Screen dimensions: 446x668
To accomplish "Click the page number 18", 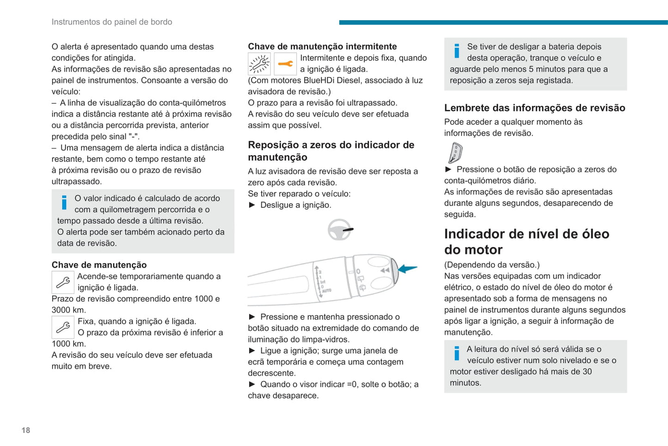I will [x=26, y=430].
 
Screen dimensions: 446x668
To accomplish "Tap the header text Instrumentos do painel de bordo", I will [x=112, y=22].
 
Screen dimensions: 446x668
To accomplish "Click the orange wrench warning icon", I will [x=285, y=64].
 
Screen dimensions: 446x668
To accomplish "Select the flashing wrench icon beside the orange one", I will [x=259, y=64].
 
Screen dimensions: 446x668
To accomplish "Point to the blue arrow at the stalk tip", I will [x=407, y=269].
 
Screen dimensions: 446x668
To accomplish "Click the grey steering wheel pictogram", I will [x=340, y=229].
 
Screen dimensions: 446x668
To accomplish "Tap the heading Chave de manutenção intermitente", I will [x=322, y=46].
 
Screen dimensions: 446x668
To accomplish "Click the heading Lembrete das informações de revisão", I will [x=534, y=108].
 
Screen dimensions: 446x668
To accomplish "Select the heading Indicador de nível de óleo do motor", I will [x=527, y=242].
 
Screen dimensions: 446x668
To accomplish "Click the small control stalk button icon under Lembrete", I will [x=455, y=153].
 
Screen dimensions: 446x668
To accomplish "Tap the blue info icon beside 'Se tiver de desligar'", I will [x=457, y=50].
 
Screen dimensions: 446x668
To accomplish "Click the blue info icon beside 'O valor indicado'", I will [x=64, y=202].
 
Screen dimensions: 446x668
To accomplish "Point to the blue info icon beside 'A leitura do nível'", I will [x=457, y=353].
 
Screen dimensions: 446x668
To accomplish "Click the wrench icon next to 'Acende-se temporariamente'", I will [x=63, y=282].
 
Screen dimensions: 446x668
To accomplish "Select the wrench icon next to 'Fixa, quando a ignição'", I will [x=63, y=327].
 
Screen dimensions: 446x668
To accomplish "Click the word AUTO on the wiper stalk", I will [x=326, y=291].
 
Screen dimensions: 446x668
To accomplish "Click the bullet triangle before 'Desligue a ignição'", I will [x=252, y=205].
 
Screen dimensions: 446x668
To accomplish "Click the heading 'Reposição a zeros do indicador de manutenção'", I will [x=331, y=151].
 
